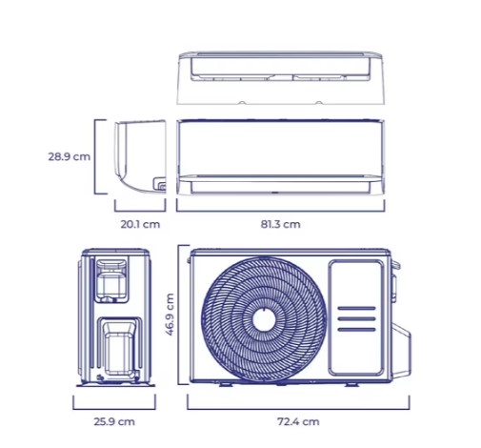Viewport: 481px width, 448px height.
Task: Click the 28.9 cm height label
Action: (x=69, y=156)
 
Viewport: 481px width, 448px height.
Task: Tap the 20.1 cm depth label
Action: (x=140, y=224)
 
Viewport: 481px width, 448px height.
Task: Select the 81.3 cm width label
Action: (x=280, y=224)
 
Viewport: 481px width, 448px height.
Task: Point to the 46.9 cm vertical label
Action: (x=170, y=315)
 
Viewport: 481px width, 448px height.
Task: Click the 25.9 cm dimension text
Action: (x=114, y=421)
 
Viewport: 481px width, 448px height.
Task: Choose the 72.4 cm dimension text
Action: (x=298, y=421)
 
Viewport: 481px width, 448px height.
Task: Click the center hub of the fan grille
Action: (x=264, y=320)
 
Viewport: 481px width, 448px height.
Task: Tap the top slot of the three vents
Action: (x=356, y=308)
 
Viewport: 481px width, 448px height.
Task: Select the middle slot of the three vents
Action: (x=356, y=318)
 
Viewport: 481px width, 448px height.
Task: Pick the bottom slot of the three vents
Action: (x=356, y=330)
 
